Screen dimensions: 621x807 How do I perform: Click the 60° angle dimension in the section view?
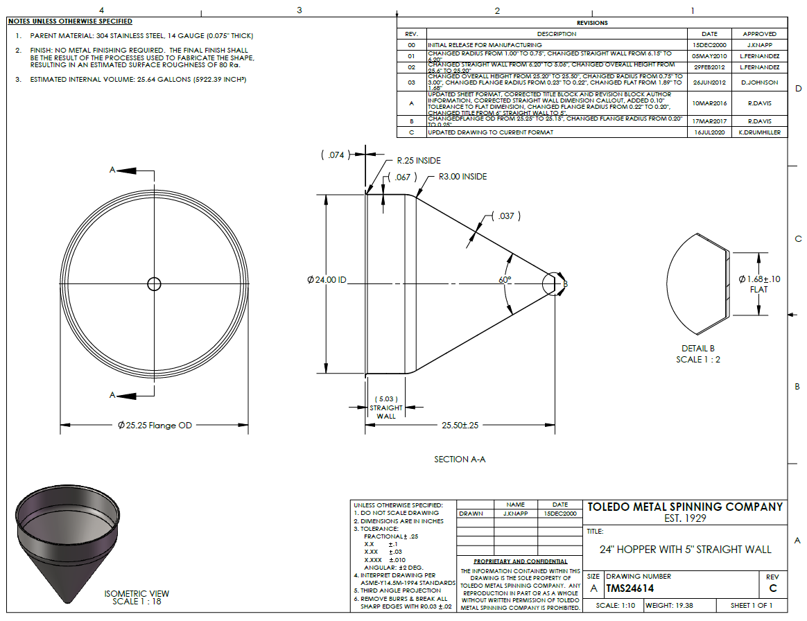pyautogui.click(x=504, y=279)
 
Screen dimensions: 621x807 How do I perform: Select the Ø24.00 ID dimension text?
pyautogui.click(x=327, y=280)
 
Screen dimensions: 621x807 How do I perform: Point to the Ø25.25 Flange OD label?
pyautogui.click(x=154, y=425)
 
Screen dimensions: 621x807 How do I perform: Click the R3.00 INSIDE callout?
pyautogui.click(x=462, y=177)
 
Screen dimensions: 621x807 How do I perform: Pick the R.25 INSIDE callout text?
pyautogui.click(x=418, y=161)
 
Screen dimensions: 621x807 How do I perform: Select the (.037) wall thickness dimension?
pyautogui.click(x=506, y=216)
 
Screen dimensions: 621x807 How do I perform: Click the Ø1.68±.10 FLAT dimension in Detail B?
pyautogui.click(x=759, y=283)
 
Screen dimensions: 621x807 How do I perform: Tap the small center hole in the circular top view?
pyautogui.click(x=154, y=284)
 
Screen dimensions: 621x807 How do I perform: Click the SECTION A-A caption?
pyautogui.click(x=460, y=460)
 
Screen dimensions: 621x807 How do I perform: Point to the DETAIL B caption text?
pyautogui.click(x=697, y=349)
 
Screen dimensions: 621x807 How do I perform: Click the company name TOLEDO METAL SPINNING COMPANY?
pyautogui.click(x=685, y=507)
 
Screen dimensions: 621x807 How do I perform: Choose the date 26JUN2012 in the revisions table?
pyautogui.click(x=710, y=82)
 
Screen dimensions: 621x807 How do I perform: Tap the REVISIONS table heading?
pyautogui.click(x=591, y=23)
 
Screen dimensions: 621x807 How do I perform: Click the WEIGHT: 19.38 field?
pyautogui.click(x=669, y=606)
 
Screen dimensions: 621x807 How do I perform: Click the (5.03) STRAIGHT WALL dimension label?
pyautogui.click(x=385, y=408)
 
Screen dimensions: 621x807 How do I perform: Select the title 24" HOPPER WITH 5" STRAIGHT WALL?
pyautogui.click(x=685, y=550)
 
